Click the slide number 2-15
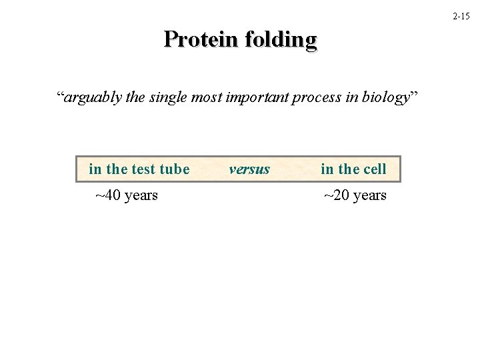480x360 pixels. (461, 15)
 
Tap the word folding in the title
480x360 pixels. (281, 39)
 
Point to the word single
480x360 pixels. (169, 98)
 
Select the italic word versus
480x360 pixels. (249, 169)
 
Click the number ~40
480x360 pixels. (107, 195)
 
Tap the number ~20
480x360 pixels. (337, 195)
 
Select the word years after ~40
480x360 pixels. (141, 196)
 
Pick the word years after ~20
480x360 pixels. (369, 196)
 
